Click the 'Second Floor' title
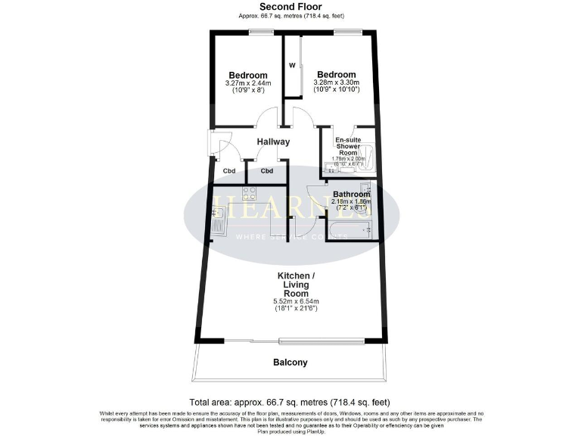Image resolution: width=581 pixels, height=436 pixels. click(291, 7)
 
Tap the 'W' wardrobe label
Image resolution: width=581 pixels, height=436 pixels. click(291, 66)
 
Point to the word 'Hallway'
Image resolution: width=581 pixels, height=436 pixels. click(273, 142)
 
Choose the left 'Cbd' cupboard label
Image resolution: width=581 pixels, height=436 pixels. click(229, 171)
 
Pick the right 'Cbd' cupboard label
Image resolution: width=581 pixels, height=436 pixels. click(267, 171)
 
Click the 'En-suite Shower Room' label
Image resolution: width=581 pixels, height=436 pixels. click(348, 146)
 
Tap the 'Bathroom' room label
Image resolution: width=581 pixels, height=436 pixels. click(351, 195)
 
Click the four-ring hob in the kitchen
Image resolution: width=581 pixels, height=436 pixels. click(250, 194)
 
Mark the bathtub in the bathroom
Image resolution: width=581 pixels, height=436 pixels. click(349, 229)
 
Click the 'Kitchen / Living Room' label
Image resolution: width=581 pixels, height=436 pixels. click(291, 284)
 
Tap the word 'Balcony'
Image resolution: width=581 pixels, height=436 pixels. click(290, 363)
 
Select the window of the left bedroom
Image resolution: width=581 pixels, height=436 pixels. click(262, 31)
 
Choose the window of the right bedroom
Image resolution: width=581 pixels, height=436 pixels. click(347, 31)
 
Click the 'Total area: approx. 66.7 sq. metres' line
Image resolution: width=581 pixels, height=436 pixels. click(290, 401)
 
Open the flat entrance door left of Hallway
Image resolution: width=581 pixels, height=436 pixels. click(213, 145)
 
